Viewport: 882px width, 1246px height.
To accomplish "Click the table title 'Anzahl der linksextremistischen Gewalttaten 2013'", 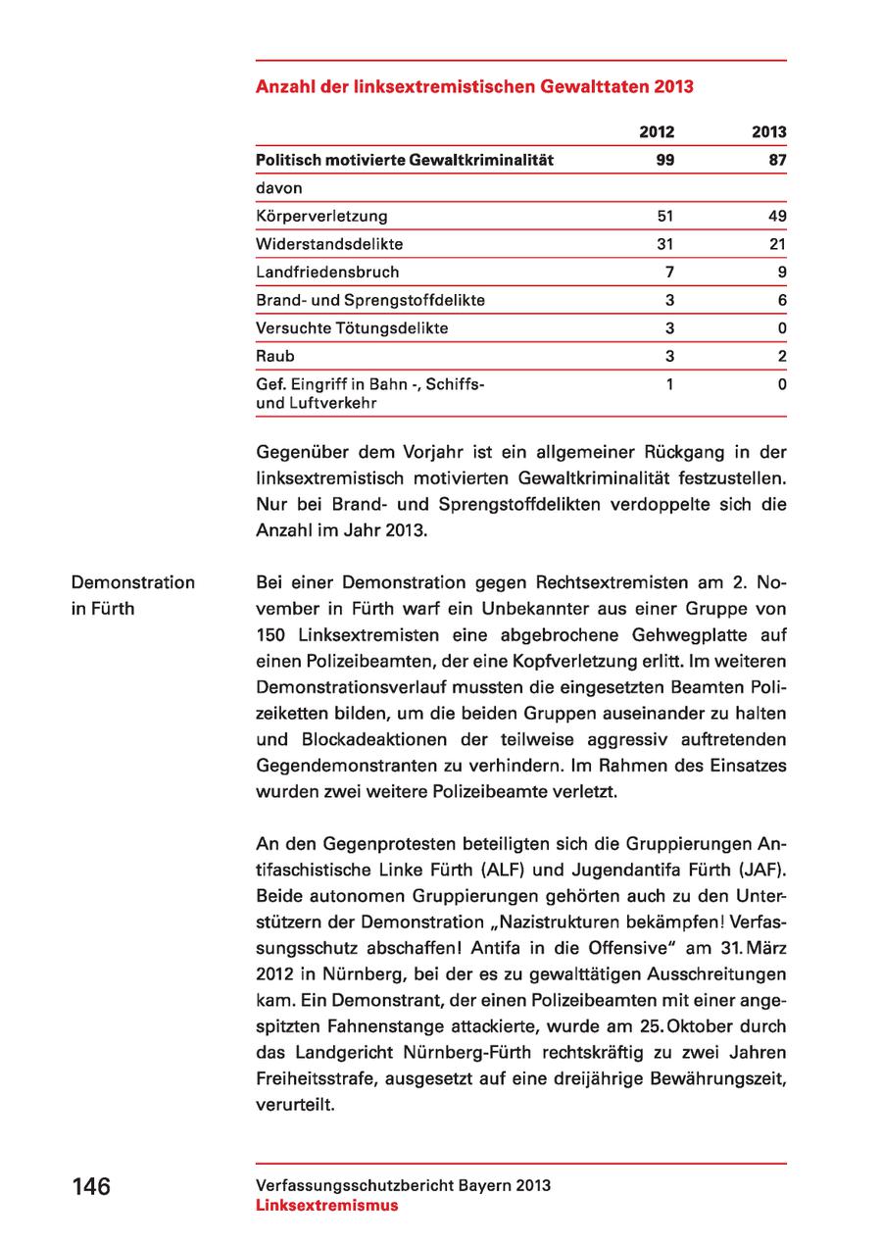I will pos(474,87).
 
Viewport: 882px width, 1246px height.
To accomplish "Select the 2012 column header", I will pos(657,131).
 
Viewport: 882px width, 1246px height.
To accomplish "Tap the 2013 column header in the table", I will pos(769,131).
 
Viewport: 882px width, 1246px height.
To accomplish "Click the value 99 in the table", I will pos(664,160).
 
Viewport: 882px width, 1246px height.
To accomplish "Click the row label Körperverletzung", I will pos(321,216).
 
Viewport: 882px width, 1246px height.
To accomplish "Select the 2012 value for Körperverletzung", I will pos(665,216).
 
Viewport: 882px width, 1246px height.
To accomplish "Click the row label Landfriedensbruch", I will pos(327,272).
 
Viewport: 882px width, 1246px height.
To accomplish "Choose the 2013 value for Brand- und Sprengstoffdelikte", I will pos(782,300).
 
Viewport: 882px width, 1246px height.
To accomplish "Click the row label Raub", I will pos(274,357).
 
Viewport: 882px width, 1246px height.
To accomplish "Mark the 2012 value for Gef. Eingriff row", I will pos(669,385).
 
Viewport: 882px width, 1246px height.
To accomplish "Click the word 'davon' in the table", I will pos(278,187).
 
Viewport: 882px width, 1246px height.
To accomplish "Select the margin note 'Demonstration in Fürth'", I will pos(132,595).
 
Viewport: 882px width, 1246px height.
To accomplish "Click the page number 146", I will pos(91,1186).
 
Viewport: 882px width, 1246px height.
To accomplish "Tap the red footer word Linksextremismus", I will pos(327,1205).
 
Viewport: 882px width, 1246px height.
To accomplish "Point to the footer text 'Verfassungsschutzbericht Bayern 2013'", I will pos(403,1185).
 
